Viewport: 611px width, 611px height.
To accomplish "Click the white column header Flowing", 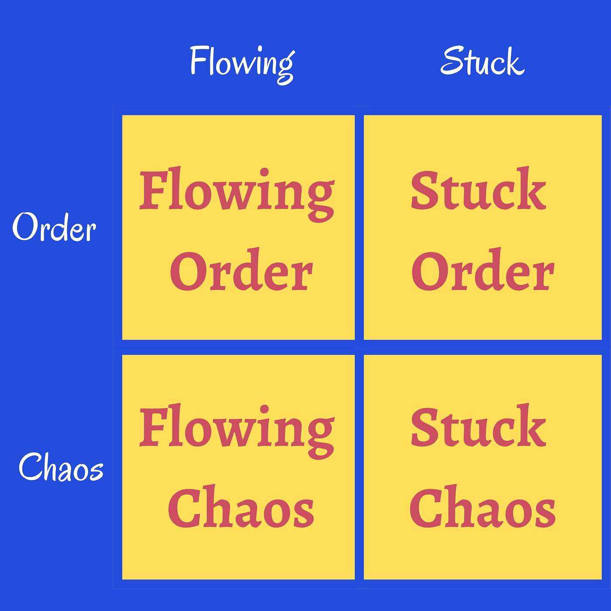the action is [x=242, y=65].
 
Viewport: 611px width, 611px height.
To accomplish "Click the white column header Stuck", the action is [x=482, y=61].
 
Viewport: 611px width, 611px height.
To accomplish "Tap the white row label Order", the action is [x=54, y=227].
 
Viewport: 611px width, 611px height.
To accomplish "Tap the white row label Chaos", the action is [x=61, y=467].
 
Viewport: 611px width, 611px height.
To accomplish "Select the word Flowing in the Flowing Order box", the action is [x=237, y=194].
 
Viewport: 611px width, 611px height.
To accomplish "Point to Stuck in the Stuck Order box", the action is [x=478, y=189].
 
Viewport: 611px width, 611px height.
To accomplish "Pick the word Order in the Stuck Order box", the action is [x=483, y=269].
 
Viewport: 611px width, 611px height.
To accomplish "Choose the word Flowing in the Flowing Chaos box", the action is [x=237, y=432].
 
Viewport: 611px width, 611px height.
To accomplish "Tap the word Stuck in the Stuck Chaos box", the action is [x=478, y=426].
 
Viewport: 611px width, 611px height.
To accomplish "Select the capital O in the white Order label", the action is [x=25, y=227].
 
